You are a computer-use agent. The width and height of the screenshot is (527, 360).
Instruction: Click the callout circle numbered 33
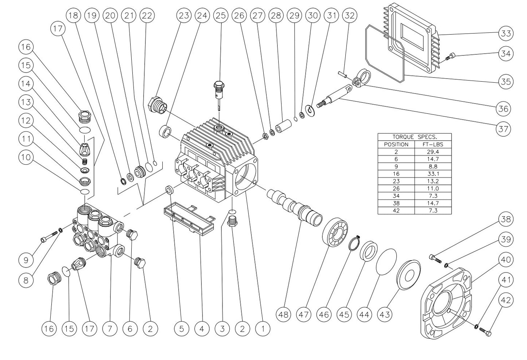click(505, 34)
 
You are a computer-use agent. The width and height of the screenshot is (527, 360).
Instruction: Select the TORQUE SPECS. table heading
click(414, 137)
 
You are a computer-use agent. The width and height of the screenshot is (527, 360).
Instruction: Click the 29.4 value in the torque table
click(433, 152)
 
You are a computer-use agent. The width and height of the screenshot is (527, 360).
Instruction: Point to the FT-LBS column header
click(433, 144)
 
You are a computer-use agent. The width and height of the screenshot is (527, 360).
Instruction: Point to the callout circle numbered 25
click(221, 16)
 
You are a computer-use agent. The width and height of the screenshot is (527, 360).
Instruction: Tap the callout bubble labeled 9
click(26, 260)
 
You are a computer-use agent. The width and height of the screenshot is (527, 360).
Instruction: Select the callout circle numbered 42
click(505, 301)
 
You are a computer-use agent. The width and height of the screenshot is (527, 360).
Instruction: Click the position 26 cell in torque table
click(396, 188)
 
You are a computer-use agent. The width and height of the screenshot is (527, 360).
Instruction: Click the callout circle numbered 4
click(202, 329)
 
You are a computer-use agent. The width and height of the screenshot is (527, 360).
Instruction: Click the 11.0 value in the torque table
click(433, 188)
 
